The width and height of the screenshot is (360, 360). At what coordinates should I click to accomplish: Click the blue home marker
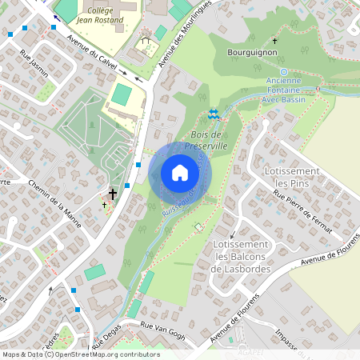pyautogui.click(x=180, y=173)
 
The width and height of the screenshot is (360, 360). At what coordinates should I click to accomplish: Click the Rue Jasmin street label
pyautogui.click(x=33, y=64)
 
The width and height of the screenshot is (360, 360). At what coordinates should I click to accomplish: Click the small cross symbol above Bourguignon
pyautogui.click(x=274, y=41)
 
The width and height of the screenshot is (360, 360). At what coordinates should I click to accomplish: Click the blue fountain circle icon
pyautogui.click(x=283, y=71)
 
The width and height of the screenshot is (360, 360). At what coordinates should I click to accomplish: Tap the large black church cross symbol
pyautogui.click(x=113, y=194)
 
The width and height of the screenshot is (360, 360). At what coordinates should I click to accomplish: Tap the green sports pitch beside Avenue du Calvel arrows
pyautogui.click(x=122, y=94)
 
